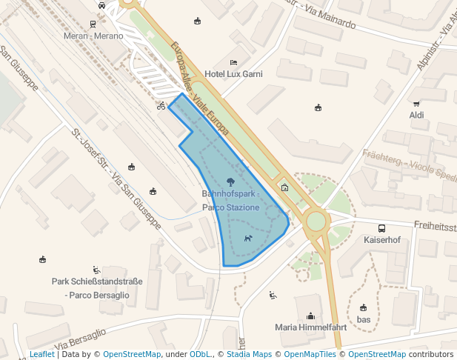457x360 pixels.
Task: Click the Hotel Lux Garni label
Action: (233, 74)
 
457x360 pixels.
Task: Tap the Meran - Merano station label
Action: (93, 36)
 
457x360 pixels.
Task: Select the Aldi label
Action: (416, 115)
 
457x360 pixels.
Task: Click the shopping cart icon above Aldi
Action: (416, 103)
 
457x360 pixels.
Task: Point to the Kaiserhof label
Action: (381, 240)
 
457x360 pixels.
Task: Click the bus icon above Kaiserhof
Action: (381, 228)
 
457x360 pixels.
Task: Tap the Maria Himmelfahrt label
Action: (310, 327)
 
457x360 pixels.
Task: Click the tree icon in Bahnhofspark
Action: (230, 181)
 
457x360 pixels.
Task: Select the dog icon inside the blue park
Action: (248, 239)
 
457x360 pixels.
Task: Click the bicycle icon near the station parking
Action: (161, 106)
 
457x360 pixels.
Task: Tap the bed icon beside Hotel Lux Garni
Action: (234, 62)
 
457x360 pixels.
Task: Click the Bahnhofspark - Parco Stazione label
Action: (230, 201)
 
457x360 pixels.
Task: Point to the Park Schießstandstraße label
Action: (97, 287)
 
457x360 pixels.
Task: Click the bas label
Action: (363, 319)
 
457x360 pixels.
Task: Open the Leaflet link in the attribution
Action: (41, 354)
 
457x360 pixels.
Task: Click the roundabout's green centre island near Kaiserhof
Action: (316, 220)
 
